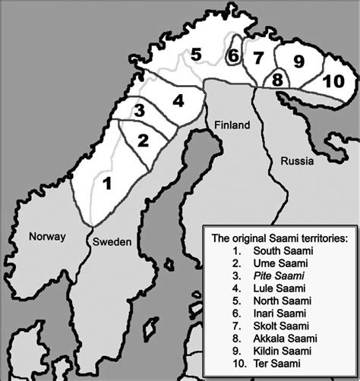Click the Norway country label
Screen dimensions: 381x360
click(x=48, y=236)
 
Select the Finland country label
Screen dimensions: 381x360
click(x=231, y=125)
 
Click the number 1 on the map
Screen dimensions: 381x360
click(x=108, y=183)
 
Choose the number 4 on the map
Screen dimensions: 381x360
click(x=177, y=99)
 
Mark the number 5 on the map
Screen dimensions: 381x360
click(x=195, y=55)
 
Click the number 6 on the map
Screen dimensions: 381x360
click(x=233, y=56)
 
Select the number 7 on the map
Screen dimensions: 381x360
click(x=258, y=58)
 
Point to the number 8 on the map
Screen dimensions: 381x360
click(x=277, y=79)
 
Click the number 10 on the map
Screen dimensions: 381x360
click(x=333, y=81)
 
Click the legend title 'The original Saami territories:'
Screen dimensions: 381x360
click(x=279, y=238)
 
